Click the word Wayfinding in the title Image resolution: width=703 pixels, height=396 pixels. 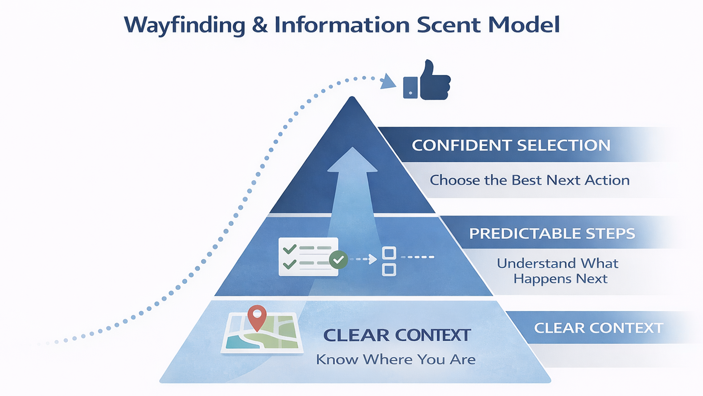[184, 25]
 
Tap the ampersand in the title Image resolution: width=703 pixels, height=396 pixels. [259, 25]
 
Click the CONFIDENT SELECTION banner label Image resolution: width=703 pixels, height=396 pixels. [511, 145]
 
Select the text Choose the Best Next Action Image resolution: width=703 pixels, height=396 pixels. [530, 180]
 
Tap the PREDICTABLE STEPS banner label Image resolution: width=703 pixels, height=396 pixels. [552, 233]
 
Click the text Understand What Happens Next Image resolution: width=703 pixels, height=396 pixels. [558, 271]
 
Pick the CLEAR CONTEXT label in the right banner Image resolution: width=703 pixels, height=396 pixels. [598, 328]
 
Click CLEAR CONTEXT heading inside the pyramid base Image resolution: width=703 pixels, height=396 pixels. [396, 335]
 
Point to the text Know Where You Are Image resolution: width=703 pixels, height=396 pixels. [395, 359]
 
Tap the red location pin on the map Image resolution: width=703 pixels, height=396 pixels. [257, 316]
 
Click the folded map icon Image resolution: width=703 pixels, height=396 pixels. [262, 333]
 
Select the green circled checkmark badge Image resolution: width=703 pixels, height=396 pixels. [338, 259]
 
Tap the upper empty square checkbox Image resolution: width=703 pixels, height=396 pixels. [389, 253]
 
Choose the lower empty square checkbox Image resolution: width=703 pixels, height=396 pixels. [389, 269]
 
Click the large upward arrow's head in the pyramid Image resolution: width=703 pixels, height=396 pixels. [352, 161]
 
